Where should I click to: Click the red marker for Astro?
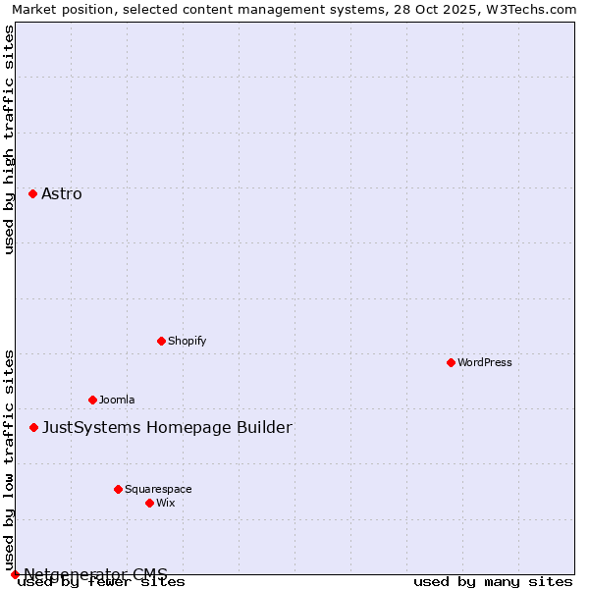tap(32, 193)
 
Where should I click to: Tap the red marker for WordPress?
tap(451, 362)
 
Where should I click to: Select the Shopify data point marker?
tap(161, 341)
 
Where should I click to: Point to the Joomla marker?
tap(92, 400)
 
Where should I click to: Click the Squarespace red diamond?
tap(118, 489)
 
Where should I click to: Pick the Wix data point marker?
tap(149, 503)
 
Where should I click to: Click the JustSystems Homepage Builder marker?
tap(33, 427)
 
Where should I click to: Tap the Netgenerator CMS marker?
tap(15, 574)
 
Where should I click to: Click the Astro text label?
tap(62, 193)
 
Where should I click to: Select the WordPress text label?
tap(485, 362)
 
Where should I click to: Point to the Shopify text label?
tap(187, 341)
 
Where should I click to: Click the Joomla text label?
tap(117, 400)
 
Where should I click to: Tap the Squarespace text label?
tap(158, 489)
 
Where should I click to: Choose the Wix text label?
tap(166, 503)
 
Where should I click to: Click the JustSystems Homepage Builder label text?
tap(167, 427)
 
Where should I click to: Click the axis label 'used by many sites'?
tap(493, 582)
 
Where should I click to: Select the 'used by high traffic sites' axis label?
tap(10, 139)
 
